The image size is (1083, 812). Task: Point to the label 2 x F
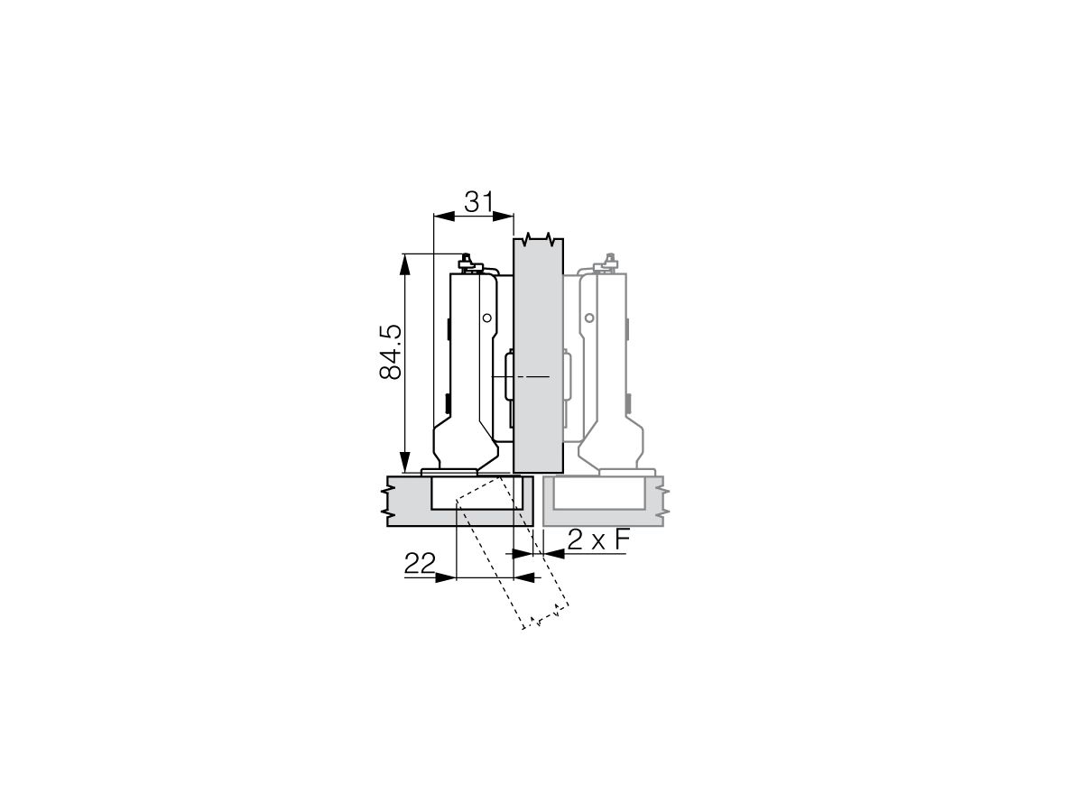[597, 540]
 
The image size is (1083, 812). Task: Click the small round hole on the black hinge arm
[486, 318]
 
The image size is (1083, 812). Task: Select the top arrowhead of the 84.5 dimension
[406, 261]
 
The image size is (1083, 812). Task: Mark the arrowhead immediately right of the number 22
[446, 577]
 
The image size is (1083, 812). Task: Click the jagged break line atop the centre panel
[539, 240]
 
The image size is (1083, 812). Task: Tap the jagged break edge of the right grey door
[665, 502]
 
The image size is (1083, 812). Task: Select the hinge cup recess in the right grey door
[598, 494]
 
